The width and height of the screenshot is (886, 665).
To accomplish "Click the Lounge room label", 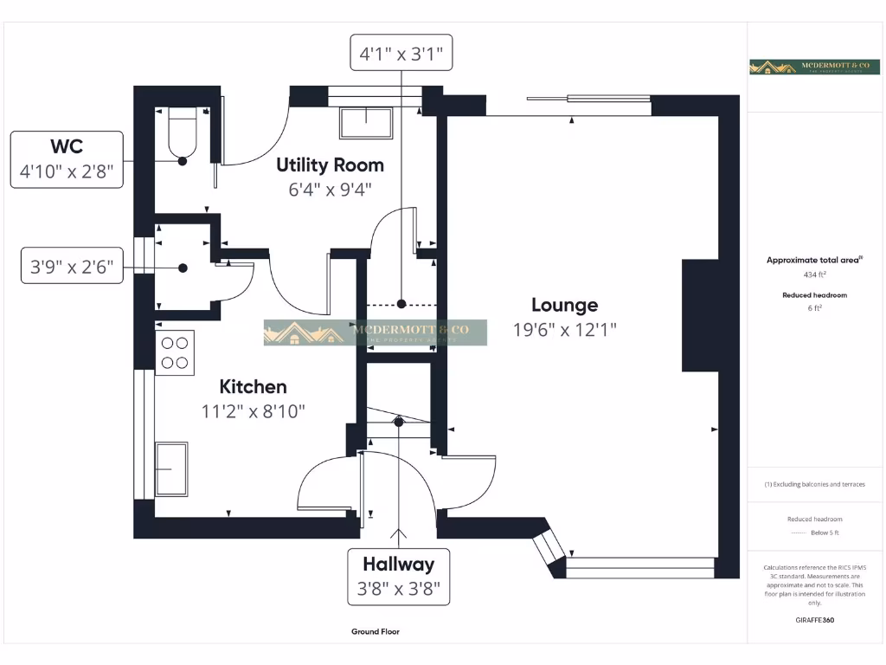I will point(564,305).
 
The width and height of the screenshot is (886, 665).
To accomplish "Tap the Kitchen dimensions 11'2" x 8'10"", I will point(254,411).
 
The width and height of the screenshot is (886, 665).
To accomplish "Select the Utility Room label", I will point(330,165).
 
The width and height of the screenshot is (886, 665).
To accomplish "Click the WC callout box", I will point(67,159).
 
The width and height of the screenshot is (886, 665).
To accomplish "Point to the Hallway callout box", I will point(398,578).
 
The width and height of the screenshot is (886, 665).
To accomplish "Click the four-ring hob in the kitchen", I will point(176,352).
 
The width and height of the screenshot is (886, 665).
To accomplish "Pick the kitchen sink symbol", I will point(171,469).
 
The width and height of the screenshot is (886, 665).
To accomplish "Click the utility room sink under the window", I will point(366,123).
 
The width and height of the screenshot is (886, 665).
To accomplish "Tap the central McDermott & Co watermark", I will point(375,332).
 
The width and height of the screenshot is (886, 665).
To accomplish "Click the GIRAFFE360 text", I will point(814,620).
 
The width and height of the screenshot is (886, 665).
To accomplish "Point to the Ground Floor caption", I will point(376,632).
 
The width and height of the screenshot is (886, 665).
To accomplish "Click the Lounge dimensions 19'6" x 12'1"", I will point(564,329).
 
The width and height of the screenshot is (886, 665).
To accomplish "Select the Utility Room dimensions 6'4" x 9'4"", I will point(330,189).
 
